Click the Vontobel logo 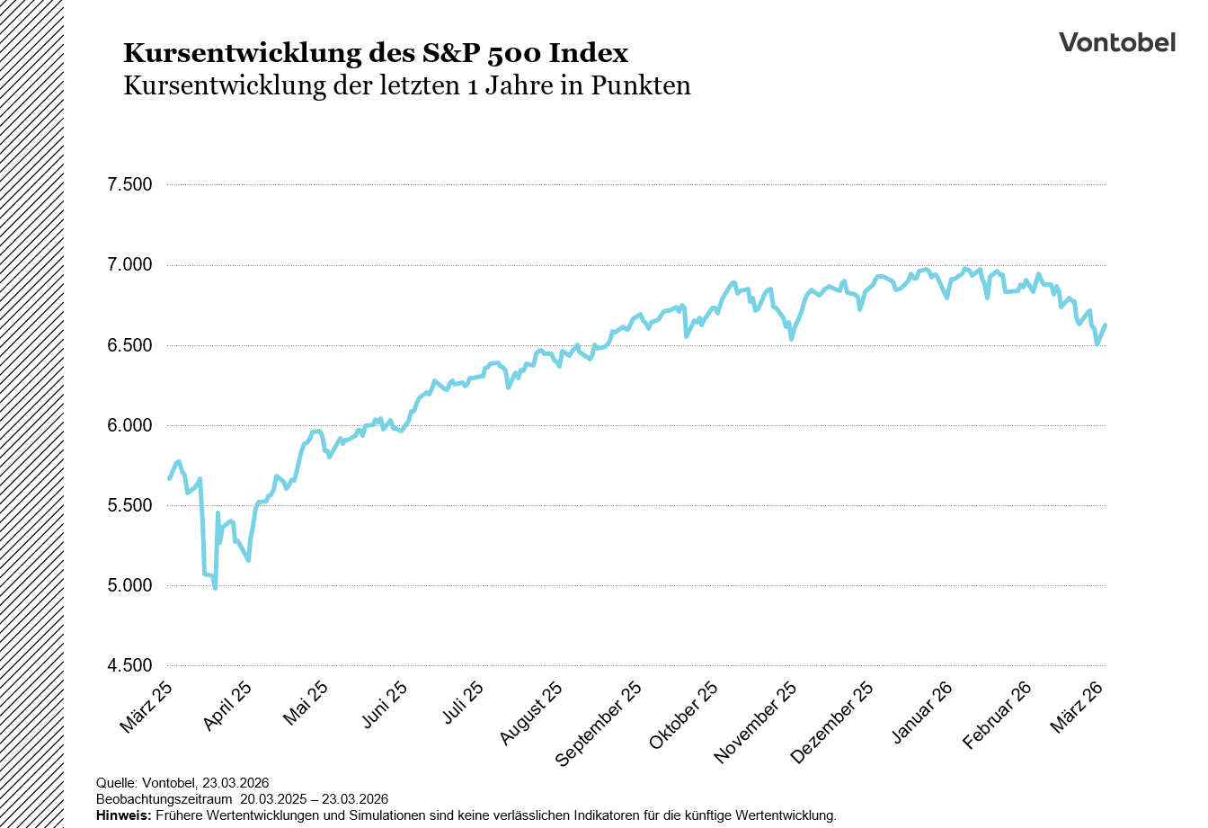coord(1116,42)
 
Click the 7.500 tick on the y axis coord(129,185)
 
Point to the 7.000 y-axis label coord(129,265)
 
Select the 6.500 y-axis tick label coord(129,345)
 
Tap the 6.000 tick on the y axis coord(129,425)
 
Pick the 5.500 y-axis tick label coord(129,505)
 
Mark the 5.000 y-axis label coord(129,585)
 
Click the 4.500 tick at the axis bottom coord(129,665)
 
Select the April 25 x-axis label coord(226,706)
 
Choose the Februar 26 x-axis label coord(997,715)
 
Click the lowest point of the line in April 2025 coord(215,588)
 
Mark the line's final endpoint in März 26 coord(1105,325)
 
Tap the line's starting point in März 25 coord(169,478)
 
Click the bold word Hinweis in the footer coord(123,815)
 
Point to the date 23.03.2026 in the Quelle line coord(235,783)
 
